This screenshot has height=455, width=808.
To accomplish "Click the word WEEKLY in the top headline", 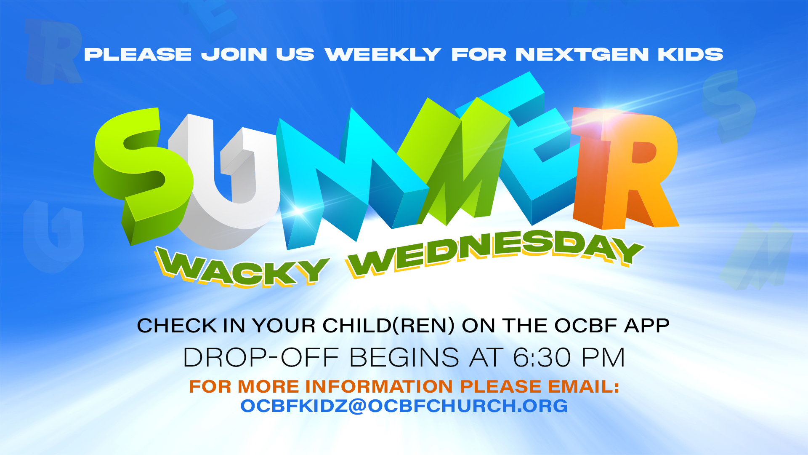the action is tap(383, 54).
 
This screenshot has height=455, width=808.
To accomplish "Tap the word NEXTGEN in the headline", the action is tap(582, 54).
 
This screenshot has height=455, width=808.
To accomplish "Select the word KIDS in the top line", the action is tap(691, 54).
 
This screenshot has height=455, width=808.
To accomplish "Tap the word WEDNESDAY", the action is tap(494, 253).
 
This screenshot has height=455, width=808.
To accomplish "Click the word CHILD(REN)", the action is tap(389, 326).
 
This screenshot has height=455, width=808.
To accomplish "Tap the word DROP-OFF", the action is tap(261, 358).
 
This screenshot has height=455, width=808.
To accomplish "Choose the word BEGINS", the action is tap(404, 358).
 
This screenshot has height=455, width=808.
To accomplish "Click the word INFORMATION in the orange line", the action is tap(379, 386).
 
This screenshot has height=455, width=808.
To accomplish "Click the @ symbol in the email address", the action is tap(358, 406).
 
